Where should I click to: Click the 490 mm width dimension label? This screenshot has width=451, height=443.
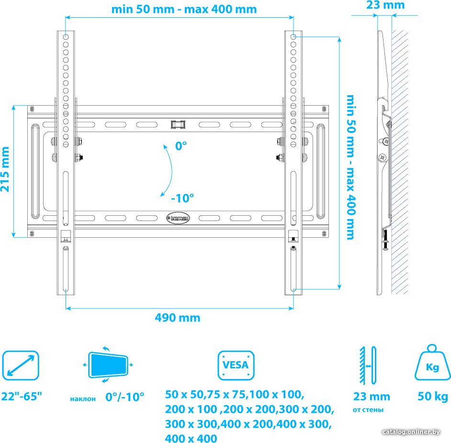[178, 318]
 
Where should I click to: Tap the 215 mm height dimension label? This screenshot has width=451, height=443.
[5, 169]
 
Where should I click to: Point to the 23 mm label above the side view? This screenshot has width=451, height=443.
[385, 5]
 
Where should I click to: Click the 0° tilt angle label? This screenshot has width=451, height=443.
[181, 146]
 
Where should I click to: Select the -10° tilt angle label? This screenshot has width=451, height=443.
[182, 198]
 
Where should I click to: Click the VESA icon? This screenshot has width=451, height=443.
[236, 365]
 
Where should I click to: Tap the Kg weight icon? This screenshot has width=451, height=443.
[432, 363]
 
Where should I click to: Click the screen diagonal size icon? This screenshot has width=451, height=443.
[21, 365]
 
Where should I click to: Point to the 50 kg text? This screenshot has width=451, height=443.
[433, 396]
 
